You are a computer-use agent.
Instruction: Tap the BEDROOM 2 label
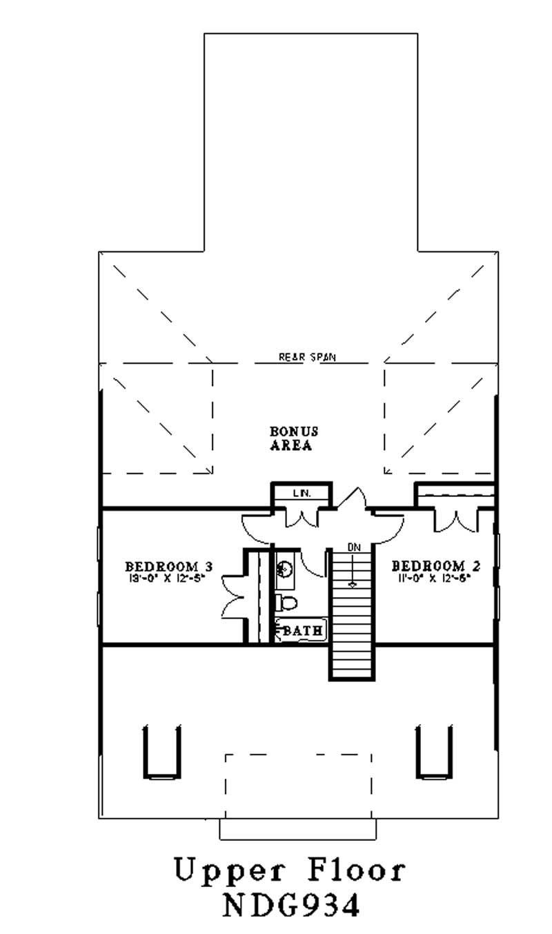coord(436,567)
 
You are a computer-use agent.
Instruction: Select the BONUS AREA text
coord(294,438)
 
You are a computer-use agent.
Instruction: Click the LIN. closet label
coord(301,493)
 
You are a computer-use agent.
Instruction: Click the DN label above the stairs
coord(354,547)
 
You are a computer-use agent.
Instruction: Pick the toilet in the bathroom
coord(285,603)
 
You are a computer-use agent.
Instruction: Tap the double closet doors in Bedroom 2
coord(455,520)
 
